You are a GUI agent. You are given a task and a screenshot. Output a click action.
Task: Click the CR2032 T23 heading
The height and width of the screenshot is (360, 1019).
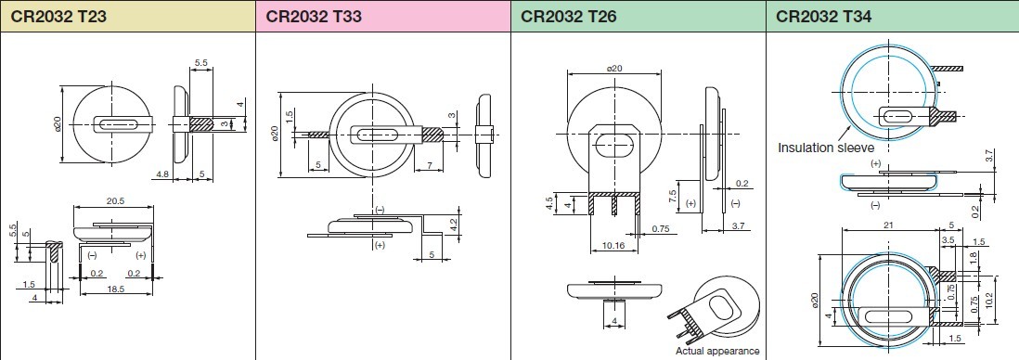pyautogui.click(x=58, y=16)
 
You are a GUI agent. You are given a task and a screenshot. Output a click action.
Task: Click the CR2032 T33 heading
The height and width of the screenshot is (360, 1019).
pyautogui.click(x=314, y=16)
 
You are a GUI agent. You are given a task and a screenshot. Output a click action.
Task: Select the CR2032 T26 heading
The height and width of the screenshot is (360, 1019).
pyautogui.click(x=569, y=16)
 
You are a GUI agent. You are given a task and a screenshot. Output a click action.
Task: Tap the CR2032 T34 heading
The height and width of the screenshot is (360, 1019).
pyautogui.click(x=824, y=16)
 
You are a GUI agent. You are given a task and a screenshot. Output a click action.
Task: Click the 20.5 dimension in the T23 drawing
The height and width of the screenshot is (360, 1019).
pyautogui.click(x=115, y=201)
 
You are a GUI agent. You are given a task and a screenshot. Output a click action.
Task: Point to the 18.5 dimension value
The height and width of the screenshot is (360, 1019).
pyautogui.click(x=115, y=289)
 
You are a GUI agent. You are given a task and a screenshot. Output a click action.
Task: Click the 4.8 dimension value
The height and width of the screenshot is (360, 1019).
pyautogui.click(x=163, y=174)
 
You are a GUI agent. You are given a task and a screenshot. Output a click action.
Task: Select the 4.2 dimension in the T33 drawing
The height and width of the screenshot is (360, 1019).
pyautogui.click(x=454, y=221)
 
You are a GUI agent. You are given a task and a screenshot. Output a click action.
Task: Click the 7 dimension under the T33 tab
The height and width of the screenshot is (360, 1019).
pyautogui.click(x=430, y=166)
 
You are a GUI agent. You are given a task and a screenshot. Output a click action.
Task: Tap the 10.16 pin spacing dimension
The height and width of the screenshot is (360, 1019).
pyautogui.click(x=613, y=246)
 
